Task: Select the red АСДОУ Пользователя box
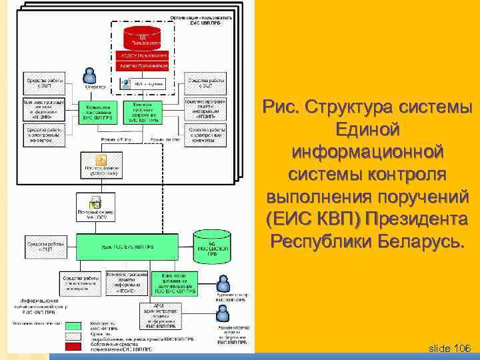141,55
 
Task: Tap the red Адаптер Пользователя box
141,66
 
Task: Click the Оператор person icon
89,75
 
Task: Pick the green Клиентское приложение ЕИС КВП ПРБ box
99,112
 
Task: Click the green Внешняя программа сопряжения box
145,113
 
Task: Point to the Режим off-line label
115,139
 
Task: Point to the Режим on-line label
164,139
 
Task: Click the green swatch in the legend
73,326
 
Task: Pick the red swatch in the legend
73,347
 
